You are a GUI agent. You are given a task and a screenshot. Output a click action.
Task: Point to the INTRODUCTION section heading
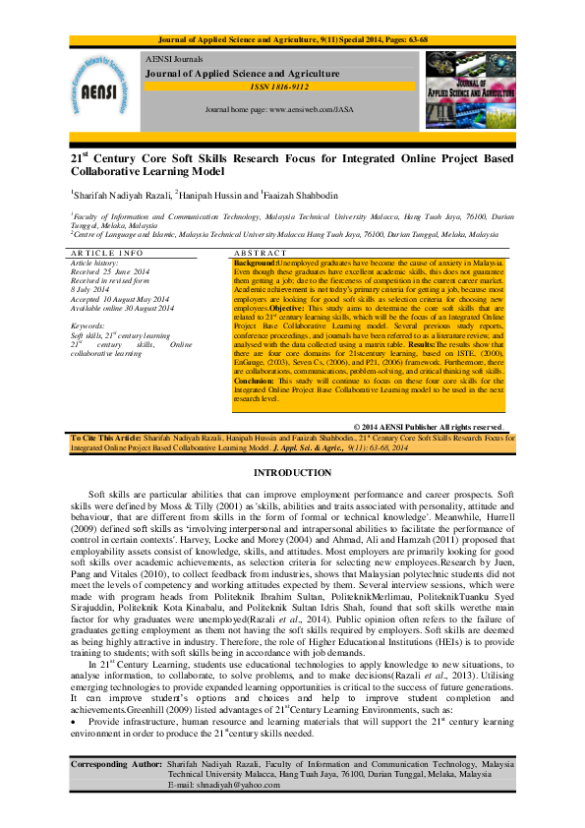point(292,473)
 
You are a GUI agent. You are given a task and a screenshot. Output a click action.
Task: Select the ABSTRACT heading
point(257,254)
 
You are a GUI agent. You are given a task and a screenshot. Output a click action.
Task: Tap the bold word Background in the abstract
point(254,264)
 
